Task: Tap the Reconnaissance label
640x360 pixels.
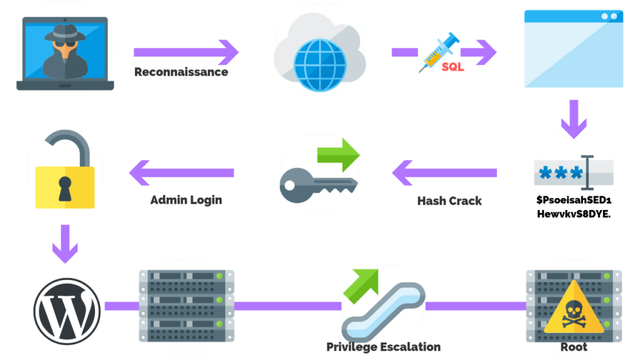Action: (x=181, y=72)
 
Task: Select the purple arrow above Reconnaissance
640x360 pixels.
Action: (x=186, y=51)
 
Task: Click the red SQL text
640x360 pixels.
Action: (x=452, y=67)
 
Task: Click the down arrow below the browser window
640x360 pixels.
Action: (x=573, y=119)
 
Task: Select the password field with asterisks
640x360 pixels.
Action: (x=573, y=172)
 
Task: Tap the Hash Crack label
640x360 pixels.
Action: (x=449, y=201)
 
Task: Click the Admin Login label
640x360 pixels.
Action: (x=186, y=201)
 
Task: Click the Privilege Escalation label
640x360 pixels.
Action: (x=383, y=347)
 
